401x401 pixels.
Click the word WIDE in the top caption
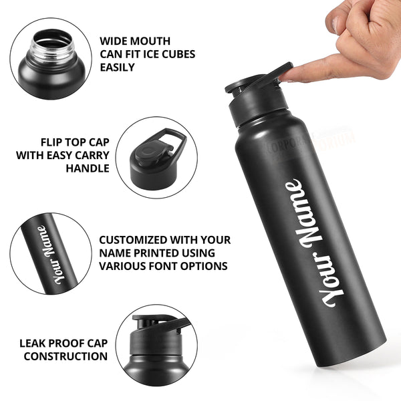click(113, 41)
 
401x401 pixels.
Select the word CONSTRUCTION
click(65, 356)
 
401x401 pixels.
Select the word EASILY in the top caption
click(117, 68)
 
